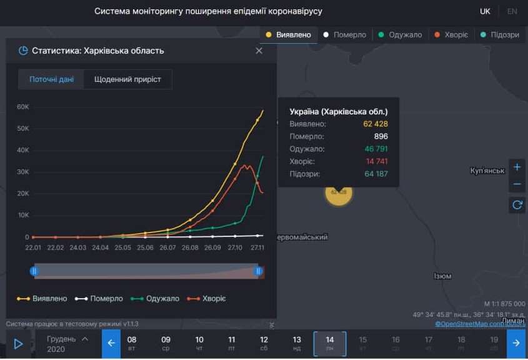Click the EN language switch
512,11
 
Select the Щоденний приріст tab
127,79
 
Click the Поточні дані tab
51,79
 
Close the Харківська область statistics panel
259,51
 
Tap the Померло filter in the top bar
344,35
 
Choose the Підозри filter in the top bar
499,35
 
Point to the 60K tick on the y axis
22,107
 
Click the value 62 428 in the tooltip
376,124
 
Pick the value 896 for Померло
381,136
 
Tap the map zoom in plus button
517,167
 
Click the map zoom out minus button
517,184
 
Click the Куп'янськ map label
487,171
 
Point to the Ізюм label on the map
442,276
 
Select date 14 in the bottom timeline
330,343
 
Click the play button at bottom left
18,343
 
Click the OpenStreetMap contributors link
480,324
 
